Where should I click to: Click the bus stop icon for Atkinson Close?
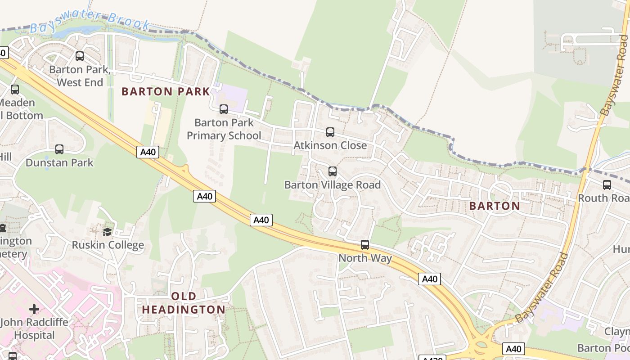point(330,132)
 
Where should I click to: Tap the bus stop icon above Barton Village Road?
point(332,171)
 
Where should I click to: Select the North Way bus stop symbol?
point(364,245)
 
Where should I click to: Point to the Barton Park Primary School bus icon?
point(223,109)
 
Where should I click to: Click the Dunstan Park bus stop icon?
point(59,149)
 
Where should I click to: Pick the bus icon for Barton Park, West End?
point(80,56)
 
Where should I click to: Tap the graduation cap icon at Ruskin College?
point(107,232)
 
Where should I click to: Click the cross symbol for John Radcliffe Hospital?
point(34,309)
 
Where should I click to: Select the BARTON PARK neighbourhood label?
point(166,92)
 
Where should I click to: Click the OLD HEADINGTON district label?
point(184,303)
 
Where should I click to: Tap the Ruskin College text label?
point(108,245)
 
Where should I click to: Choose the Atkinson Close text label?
point(330,146)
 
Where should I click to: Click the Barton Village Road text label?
point(332,185)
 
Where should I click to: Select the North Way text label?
point(365,258)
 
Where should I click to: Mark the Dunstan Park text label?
point(59,163)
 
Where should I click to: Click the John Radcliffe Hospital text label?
point(34,329)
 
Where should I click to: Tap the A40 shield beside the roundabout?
point(513,349)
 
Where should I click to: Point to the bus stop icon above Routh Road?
point(607,185)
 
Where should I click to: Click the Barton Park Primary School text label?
point(224,129)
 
